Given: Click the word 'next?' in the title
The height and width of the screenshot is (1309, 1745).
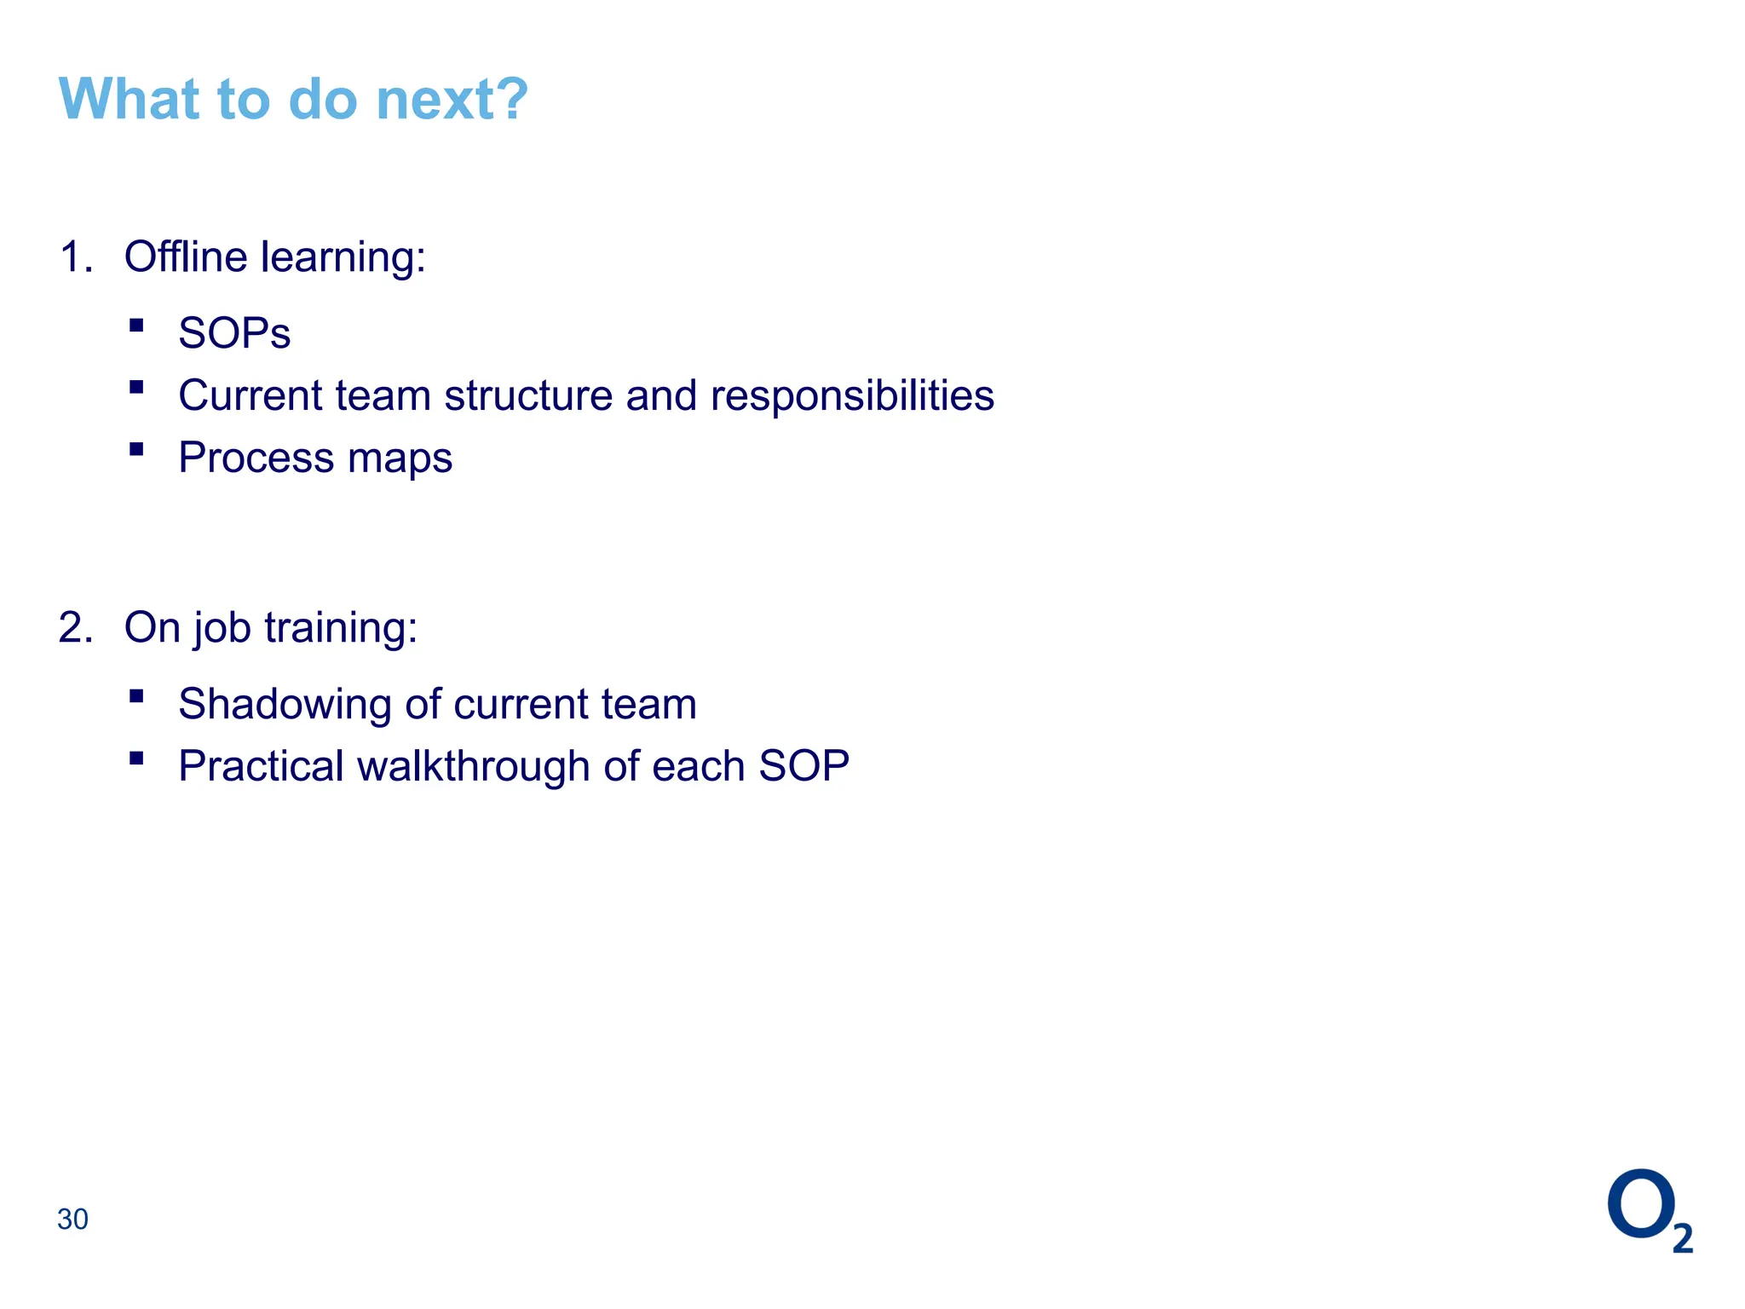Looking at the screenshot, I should [452, 100].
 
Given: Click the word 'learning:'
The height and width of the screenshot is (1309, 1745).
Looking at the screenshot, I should [343, 258].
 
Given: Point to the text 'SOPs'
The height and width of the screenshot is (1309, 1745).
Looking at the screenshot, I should [234, 333].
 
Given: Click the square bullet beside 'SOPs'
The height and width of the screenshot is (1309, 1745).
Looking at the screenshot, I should [136, 325].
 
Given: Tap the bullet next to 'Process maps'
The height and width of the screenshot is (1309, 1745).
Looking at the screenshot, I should [136, 449].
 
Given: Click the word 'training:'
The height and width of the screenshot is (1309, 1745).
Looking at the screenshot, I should [341, 629].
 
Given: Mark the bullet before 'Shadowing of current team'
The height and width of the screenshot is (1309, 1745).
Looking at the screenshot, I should [136, 695].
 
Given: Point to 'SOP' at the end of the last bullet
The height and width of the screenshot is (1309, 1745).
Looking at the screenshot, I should [803, 766].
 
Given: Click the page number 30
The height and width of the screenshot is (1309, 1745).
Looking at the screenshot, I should [72, 1220].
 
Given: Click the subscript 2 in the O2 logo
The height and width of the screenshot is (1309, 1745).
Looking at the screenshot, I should [1683, 1238].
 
